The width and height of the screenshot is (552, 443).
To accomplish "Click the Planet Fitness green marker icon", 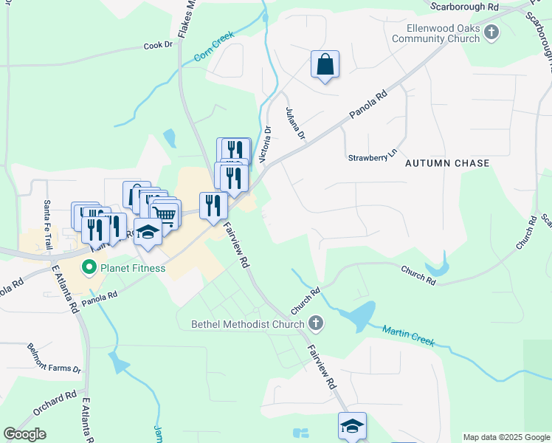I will (89, 267).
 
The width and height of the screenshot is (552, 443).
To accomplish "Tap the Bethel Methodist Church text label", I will (247, 324).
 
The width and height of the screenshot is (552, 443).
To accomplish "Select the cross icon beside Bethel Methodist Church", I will (316, 323).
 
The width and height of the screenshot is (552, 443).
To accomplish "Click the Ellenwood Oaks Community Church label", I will (444, 34).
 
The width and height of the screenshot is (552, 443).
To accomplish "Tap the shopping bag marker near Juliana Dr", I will (325, 65).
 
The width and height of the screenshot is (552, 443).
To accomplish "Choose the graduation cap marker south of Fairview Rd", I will (352, 426).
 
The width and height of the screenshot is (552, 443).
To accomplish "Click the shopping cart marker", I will (165, 215).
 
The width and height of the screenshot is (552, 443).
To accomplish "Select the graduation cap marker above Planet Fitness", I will (148, 232).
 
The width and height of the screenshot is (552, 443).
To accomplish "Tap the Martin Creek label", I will (408, 336).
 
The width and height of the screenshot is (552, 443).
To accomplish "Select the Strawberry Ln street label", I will (373, 158).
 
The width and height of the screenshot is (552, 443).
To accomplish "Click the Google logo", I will (24, 434).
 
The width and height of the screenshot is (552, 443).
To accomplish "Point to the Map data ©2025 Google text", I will (506, 437).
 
